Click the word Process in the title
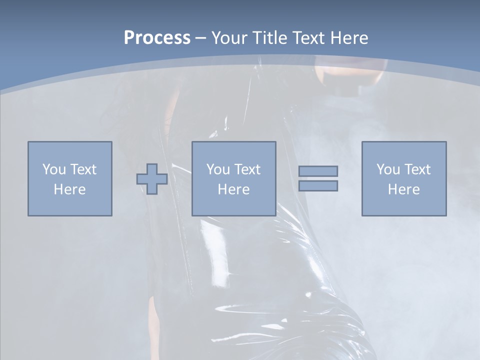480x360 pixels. point(157,38)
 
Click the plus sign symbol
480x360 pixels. point(152,178)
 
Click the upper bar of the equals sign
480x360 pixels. point(318,171)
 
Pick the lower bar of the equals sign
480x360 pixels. point(318,185)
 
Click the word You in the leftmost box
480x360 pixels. point(54,169)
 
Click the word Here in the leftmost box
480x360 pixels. point(69,189)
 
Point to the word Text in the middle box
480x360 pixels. point(247,169)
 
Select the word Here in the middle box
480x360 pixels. point(233,189)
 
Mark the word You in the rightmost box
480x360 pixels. point(388,169)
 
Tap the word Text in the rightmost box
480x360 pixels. point(417,169)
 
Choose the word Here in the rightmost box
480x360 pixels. point(403,189)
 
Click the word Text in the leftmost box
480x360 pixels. point(83,169)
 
